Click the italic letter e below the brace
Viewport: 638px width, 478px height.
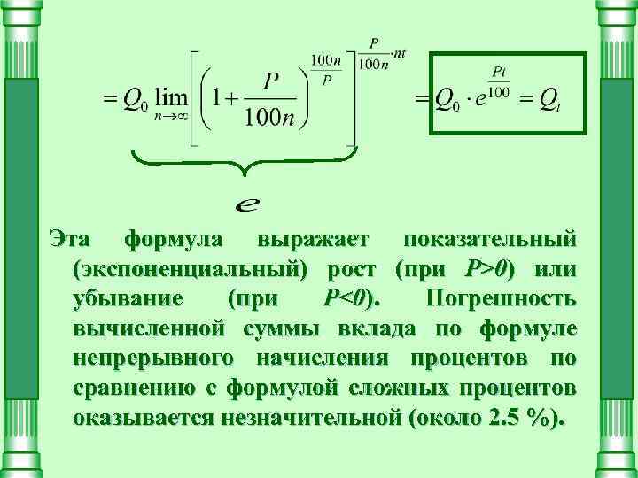(249, 205)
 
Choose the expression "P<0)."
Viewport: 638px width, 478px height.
(348, 298)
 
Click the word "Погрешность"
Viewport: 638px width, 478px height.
(502, 298)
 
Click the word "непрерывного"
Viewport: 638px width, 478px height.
(148, 358)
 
